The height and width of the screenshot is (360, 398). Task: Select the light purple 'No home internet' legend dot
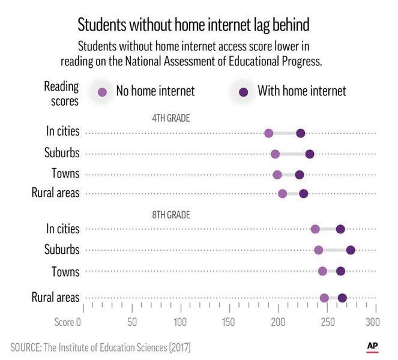click(103, 92)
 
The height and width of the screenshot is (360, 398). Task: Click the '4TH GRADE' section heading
click(170, 119)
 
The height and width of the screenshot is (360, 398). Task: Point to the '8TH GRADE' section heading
click(170, 214)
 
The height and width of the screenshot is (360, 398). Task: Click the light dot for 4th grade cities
click(268, 133)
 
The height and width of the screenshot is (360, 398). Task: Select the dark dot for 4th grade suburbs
click(310, 154)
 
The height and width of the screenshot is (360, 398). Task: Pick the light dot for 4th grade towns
click(277, 175)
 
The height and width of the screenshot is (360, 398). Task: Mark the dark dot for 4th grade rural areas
click(304, 193)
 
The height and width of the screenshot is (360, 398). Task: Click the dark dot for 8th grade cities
click(340, 229)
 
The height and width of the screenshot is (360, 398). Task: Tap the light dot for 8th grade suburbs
click(318, 250)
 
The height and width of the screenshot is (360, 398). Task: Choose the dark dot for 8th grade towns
click(340, 271)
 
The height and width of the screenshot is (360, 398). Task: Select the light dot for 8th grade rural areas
click(324, 298)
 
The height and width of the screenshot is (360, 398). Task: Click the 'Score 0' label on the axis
click(67, 323)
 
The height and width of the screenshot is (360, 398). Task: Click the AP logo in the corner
click(373, 347)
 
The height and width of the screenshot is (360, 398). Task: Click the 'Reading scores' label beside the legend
click(61, 93)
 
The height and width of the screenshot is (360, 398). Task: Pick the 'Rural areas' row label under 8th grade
click(55, 298)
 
